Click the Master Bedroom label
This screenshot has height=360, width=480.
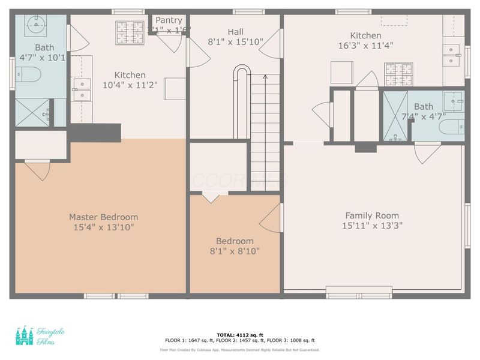(103, 217)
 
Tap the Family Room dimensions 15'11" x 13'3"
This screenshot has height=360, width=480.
(371, 226)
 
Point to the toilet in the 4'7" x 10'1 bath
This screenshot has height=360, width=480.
(28, 75)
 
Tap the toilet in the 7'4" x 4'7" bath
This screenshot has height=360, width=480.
(451, 127)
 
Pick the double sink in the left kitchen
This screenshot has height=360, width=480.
(81, 89)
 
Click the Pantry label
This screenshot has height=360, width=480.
(169, 20)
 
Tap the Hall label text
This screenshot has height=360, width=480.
(235, 32)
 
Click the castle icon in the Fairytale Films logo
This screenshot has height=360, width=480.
(25, 336)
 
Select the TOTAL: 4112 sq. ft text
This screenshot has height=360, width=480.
(240, 335)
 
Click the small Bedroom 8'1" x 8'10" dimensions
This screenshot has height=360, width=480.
(235, 251)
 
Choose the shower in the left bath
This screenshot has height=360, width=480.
(32, 112)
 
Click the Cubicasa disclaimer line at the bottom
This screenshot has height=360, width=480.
(240, 349)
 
